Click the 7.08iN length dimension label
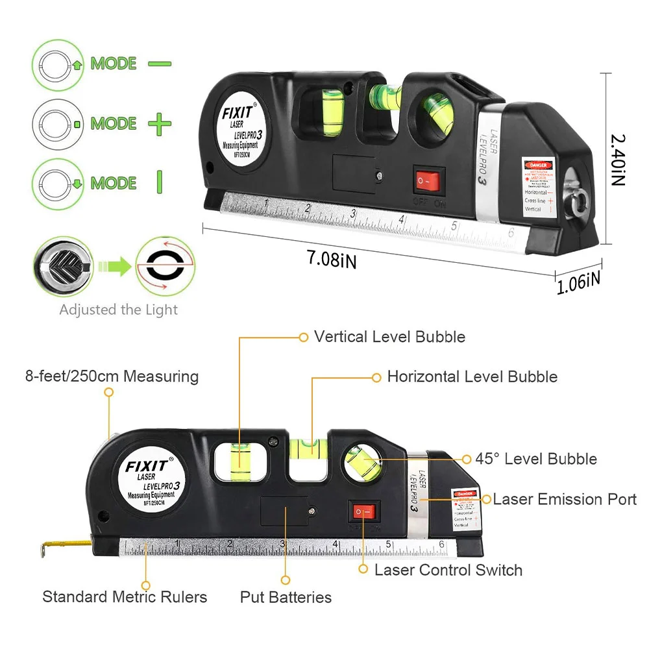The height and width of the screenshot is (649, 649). coord(332,260)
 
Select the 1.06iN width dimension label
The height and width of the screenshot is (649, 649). coord(579,284)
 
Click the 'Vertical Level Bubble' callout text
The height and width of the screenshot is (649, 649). coord(389,337)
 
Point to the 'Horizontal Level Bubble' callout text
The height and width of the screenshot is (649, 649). coord(472,376)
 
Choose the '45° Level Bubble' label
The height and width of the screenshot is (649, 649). coord(536,459)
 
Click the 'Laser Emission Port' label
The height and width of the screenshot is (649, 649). coord(565,499)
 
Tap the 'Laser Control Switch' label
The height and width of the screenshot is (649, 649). coord(448,570)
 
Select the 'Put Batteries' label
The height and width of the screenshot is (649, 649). coord(286,597)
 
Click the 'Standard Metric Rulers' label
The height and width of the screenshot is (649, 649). coord(125,596)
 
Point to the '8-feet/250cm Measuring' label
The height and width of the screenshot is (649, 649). coord(112,376)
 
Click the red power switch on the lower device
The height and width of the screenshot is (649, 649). coord(364,513)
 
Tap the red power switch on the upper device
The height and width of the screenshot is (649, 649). coord(432,181)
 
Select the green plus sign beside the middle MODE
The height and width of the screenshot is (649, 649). coord(159,123)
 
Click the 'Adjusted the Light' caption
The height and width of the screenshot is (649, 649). coord(118,310)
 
